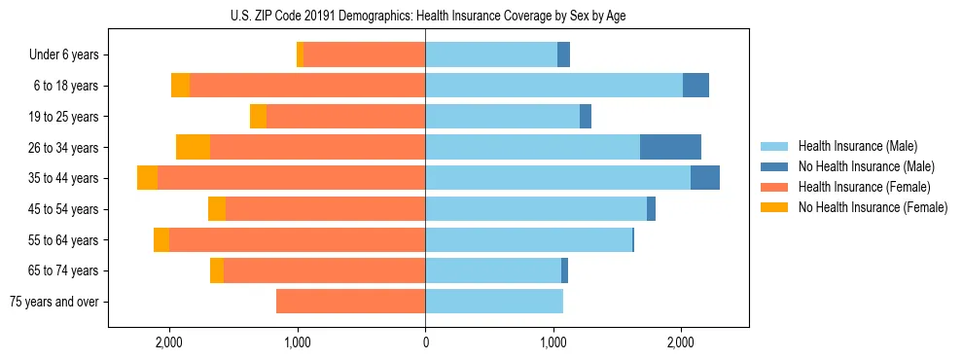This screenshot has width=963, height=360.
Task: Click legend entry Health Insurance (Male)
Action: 857,147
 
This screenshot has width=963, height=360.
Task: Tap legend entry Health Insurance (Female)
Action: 863,187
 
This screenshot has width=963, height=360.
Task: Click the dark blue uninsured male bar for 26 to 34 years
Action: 670,147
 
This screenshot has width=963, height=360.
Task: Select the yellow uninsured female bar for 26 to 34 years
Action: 193,147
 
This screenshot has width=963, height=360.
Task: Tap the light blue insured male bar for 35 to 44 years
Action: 557,178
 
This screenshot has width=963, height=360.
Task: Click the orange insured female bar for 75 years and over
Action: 350,302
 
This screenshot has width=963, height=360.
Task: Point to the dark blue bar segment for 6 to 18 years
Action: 695,86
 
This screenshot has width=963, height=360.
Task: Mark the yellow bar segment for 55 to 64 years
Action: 161,240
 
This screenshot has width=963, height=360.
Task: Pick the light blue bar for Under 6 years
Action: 491,54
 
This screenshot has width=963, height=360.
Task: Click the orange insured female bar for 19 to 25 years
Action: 345,117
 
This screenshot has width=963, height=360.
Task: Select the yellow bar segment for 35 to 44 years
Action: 147,178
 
